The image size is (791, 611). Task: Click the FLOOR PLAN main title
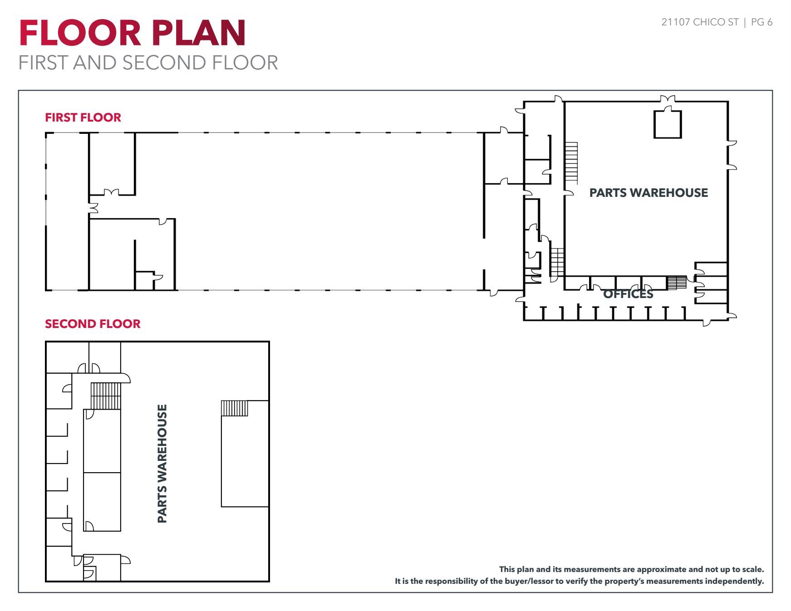tap(133, 33)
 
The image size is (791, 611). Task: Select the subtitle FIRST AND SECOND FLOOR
tap(148, 63)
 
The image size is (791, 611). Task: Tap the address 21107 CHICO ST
tap(700, 22)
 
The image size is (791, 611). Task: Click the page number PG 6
tap(762, 22)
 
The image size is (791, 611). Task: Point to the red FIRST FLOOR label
tap(83, 117)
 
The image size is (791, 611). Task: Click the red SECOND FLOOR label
tap(93, 324)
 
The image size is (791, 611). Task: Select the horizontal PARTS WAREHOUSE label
tap(649, 193)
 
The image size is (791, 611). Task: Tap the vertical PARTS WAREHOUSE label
tap(162, 464)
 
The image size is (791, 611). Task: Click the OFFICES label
tap(628, 294)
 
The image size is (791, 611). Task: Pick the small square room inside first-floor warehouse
tap(668, 124)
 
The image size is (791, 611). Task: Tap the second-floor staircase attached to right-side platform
tap(235, 408)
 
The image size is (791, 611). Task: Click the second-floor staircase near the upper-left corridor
tap(106, 396)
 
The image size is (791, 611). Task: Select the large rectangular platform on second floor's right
tap(245, 454)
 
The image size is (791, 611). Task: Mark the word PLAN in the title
tap(199, 33)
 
